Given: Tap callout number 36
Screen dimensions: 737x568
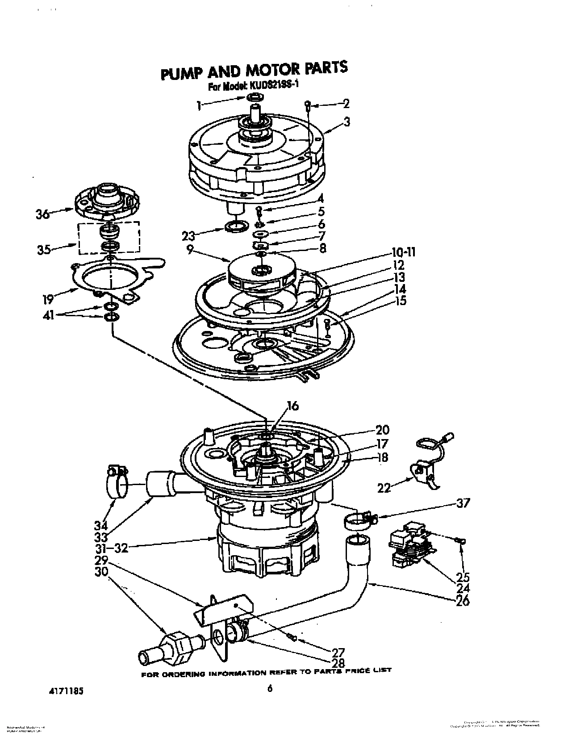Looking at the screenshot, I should click(x=43, y=214).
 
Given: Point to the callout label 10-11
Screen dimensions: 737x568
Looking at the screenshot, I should click(x=403, y=252).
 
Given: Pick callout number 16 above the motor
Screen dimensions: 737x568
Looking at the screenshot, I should click(x=292, y=406).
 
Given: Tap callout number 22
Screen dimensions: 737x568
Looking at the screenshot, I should click(x=384, y=488).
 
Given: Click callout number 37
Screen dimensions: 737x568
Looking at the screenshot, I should click(x=463, y=503).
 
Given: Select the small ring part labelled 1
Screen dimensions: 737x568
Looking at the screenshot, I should click(x=253, y=97).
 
